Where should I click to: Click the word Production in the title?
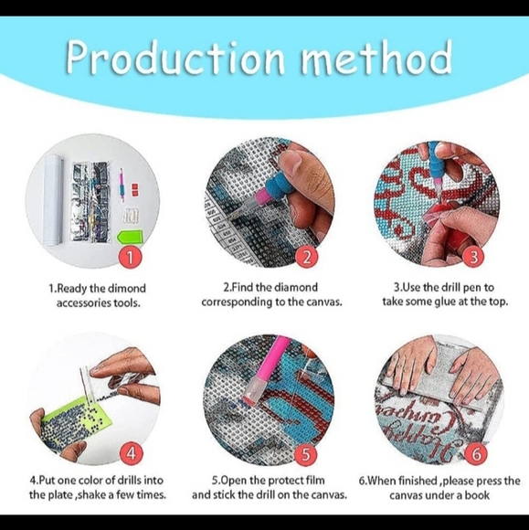point(175,58)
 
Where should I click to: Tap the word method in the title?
point(376,57)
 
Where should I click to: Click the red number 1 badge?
point(131,258)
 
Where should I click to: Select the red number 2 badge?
point(307,257)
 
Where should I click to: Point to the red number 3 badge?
point(474,257)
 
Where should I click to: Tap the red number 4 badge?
point(132,453)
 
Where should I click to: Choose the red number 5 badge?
point(306,454)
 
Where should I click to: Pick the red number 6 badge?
point(476,454)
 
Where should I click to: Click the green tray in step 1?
point(130,237)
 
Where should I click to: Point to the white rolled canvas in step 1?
point(53,199)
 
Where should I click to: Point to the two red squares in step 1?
point(135,189)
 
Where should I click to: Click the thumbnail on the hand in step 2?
point(292,162)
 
